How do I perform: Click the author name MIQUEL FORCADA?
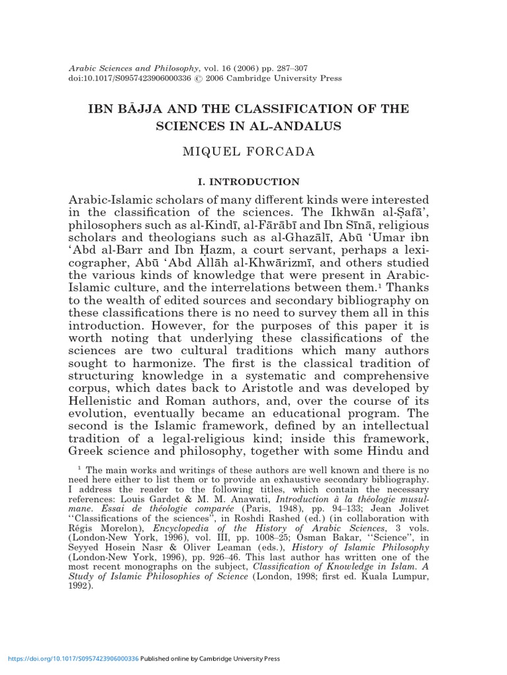(253, 152)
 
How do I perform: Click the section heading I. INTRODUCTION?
(253, 181)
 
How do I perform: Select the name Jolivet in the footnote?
(412, 510)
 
